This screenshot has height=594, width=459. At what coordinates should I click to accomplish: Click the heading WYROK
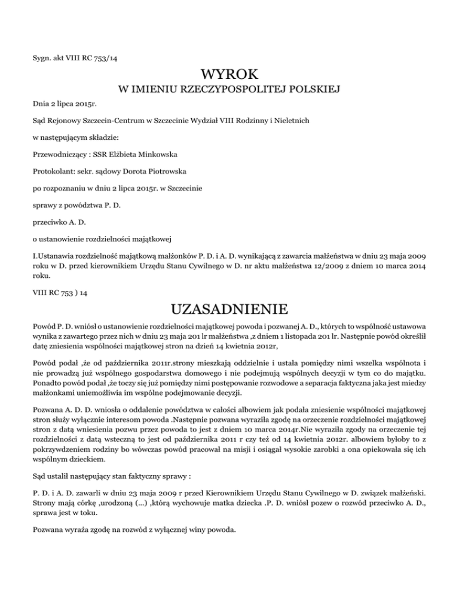pos(229,75)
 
